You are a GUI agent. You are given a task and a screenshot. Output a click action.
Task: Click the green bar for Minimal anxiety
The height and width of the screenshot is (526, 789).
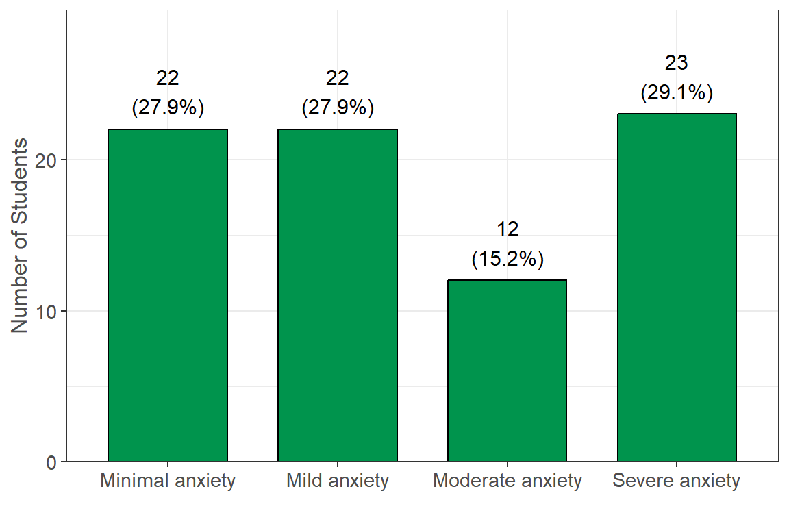click(x=168, y=295)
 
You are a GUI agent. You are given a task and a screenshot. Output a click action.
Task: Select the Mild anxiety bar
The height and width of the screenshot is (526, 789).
click(x=337, y=295)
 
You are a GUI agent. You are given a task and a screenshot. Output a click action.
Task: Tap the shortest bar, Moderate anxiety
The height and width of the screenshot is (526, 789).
click(x=507, y=371)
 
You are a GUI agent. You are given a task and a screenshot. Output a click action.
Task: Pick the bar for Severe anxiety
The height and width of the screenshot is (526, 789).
click(x=677, y=288)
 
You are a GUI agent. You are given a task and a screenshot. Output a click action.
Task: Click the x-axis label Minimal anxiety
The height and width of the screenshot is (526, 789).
click(x=168, y=481)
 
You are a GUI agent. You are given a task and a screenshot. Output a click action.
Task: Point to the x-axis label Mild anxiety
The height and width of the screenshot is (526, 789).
click(x=337, y=481)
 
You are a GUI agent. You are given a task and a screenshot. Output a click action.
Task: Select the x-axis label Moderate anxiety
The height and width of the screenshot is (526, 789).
click(x=507, y=481)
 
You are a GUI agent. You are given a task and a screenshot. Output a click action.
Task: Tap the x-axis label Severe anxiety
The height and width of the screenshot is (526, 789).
click(x=677, y=481)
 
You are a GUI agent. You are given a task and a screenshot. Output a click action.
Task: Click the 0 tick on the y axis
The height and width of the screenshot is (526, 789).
click(x=51, y=462)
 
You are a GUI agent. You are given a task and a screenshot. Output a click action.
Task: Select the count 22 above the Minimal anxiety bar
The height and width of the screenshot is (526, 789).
click(x=168, y=78)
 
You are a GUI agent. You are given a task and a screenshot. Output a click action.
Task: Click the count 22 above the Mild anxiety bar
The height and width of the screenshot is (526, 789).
click(x=337, y=78)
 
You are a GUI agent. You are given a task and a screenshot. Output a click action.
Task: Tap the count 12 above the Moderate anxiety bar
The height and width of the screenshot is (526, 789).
click(x=507, y=229)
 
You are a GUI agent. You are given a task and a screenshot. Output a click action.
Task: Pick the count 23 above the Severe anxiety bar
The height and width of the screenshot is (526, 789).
click(x=677, y=63)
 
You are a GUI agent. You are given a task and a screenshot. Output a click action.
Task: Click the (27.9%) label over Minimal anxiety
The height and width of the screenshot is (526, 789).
click(x=168, y=108)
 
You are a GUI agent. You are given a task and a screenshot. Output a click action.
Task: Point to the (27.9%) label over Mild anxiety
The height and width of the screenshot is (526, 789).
click(x=337, y=108)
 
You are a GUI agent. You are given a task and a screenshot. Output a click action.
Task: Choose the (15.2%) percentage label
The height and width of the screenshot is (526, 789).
click(x=507, y=260)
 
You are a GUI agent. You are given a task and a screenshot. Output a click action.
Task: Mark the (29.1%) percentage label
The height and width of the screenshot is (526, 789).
click(x=677, y=93)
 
